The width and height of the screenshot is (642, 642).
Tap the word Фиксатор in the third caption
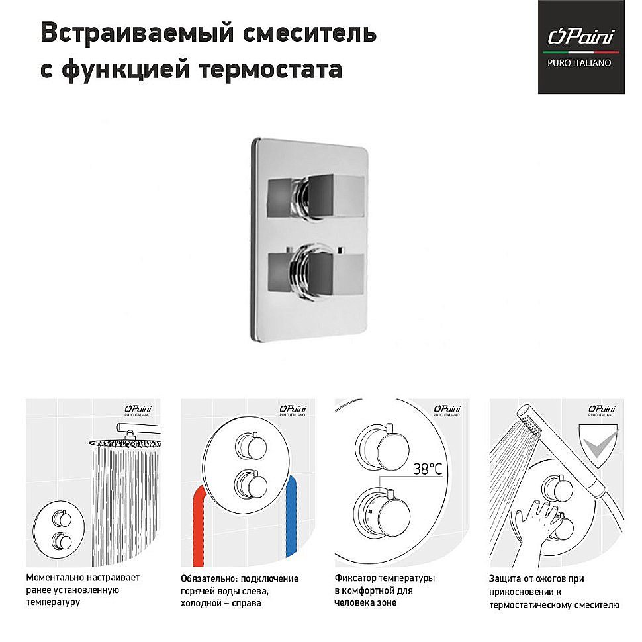pos(356,578)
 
